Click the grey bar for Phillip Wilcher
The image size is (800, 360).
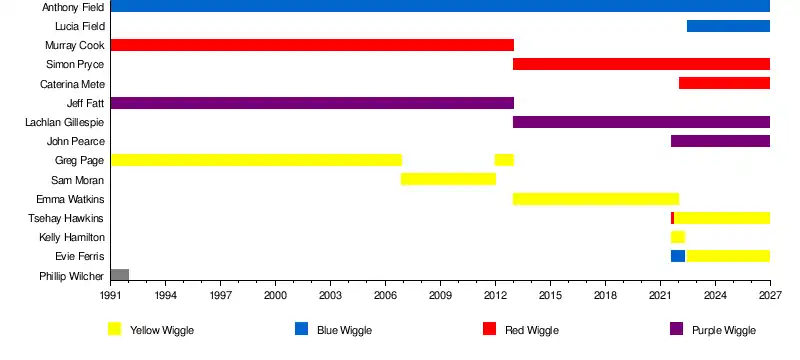119,275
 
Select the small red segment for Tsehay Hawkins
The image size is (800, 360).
672,218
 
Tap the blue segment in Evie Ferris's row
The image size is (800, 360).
678,256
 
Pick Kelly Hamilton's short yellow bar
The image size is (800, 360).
678,237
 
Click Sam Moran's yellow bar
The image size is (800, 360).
448,179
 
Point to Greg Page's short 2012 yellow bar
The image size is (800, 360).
504,160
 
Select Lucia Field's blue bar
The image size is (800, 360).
728,26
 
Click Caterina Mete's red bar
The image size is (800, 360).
724,83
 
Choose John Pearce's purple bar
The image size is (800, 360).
720,141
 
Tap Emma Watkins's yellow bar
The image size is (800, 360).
596,199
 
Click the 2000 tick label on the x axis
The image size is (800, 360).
275,296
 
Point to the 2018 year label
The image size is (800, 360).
605,296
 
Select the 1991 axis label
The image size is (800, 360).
111,296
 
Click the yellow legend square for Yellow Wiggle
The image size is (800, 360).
115,329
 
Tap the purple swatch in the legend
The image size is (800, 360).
677,329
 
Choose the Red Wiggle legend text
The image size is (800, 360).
532,330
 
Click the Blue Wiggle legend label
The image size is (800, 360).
344,330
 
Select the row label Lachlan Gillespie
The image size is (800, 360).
65,122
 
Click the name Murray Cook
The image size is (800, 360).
74,45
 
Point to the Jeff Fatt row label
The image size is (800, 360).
85,103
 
